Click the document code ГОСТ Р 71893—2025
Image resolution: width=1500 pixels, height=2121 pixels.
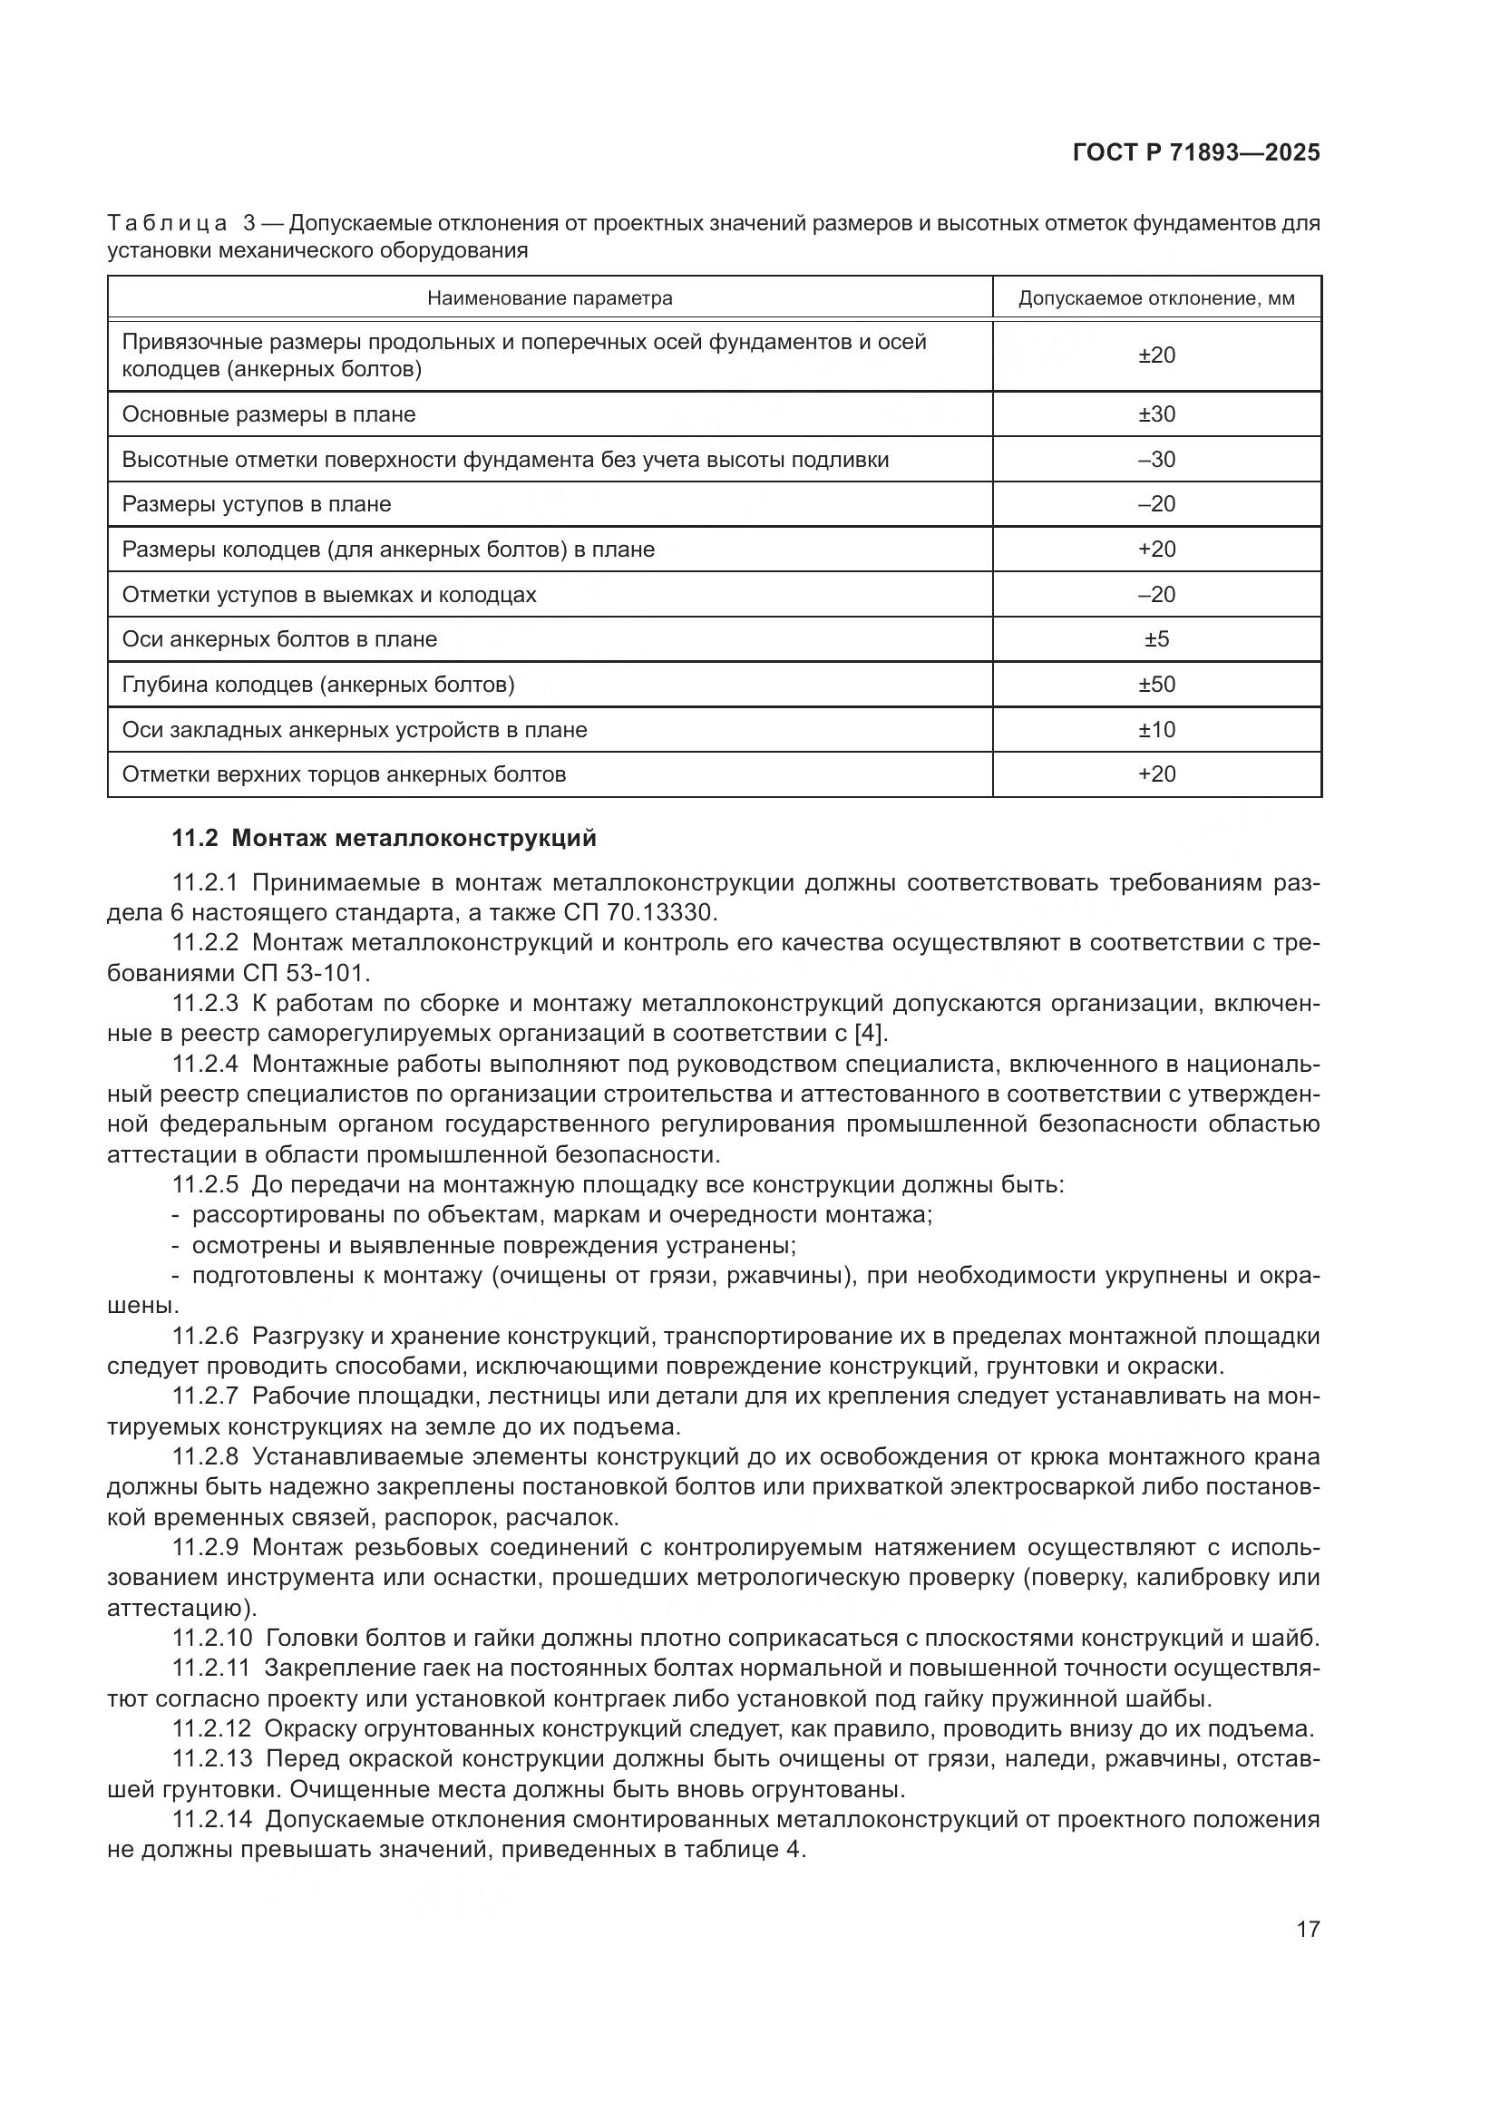click(1196, 152)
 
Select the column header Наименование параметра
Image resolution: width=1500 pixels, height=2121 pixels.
click(550, 298)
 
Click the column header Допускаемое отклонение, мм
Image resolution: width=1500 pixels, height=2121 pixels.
click(1156, 298)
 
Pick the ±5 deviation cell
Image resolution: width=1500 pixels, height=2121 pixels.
click(1156, 639)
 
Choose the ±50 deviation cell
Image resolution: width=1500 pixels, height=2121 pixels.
click(1156, 685)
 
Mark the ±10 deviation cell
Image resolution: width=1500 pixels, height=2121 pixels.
click(1156, 730)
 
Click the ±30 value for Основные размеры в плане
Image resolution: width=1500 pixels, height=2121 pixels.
click(1156, 413)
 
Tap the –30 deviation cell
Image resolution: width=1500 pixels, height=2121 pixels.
click(1156, 459)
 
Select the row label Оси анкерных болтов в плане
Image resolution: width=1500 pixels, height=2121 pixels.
click(279, 639)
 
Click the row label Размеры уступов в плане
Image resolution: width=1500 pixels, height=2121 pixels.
click(256, 504)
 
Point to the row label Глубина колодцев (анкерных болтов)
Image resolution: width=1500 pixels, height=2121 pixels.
click(317, 685)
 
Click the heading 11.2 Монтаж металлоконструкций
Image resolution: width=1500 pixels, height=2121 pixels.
click(385, 838)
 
